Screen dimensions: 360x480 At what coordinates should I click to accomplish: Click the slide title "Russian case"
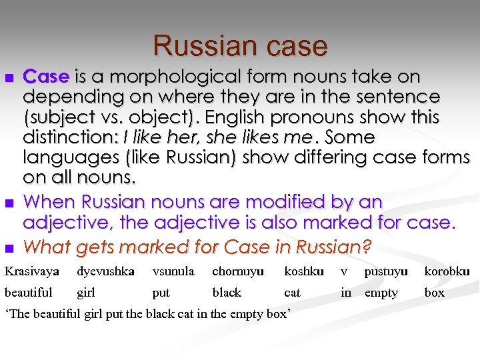point(240,46)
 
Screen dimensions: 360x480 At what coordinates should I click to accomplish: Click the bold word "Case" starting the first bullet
point(46,76)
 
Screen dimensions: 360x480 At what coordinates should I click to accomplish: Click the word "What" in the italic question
point(47,247)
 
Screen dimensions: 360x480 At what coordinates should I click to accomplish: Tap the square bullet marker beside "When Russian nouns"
point(9,202)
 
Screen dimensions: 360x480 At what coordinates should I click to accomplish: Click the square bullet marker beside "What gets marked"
point(9,248)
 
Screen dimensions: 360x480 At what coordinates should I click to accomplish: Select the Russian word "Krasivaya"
point(32,271)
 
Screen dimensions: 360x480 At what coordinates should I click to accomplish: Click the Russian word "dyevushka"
point(105,271)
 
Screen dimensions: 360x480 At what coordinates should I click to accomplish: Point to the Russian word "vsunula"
point(173,271)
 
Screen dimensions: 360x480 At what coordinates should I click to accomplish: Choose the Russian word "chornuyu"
point(238,271)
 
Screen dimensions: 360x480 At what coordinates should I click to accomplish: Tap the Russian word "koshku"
point(304,271)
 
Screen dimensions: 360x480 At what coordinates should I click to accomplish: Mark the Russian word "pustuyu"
point(386,271)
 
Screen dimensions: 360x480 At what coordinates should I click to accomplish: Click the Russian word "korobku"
point(447,271)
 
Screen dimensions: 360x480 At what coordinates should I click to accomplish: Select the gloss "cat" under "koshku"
point(292,293)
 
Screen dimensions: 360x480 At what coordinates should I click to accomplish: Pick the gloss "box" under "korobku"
point(434,293)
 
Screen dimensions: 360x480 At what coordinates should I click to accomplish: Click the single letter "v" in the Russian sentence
point(344,272)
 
